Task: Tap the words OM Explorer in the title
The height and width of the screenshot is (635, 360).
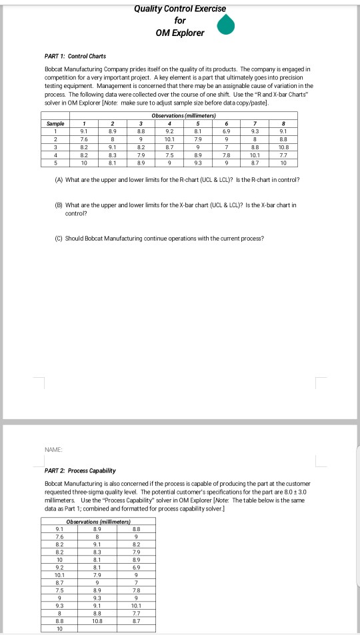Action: point(180,33)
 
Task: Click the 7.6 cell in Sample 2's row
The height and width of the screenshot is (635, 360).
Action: point(83,138)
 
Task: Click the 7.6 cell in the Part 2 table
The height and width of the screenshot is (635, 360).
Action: point(60,535)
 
